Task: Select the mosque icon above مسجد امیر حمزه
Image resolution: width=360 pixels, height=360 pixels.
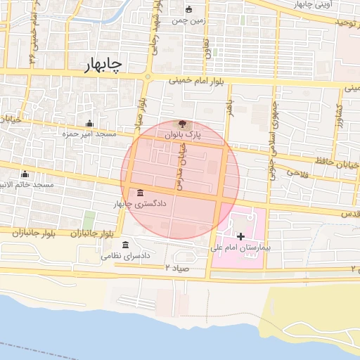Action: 89,124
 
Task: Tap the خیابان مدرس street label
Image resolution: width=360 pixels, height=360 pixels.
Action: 179,162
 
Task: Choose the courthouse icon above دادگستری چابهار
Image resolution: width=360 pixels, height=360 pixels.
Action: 141,193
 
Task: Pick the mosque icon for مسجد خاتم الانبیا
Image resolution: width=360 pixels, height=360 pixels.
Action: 25,174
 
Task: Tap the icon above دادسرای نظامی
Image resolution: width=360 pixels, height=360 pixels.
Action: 125,245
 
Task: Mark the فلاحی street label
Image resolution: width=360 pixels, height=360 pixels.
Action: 298,172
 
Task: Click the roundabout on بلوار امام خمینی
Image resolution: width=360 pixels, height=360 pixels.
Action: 148,77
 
